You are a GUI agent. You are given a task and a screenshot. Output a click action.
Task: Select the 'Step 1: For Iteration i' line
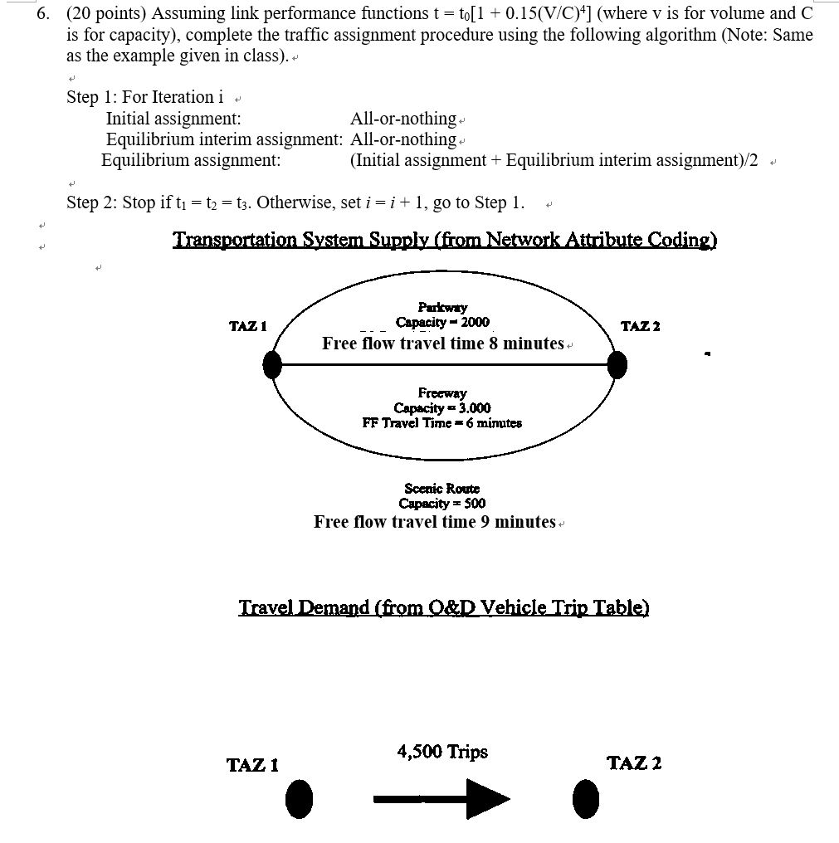click(145, 97)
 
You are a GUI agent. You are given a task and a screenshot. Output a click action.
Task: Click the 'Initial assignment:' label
click(173, 119)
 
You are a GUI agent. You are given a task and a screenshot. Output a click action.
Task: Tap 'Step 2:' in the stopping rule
click(93, 202)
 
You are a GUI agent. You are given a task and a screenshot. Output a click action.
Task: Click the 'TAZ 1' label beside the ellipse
click(247, 326)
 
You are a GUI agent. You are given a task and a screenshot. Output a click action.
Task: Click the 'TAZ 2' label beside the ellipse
click(640, 326)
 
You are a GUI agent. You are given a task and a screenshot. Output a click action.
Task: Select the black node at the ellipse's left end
click(272, 364)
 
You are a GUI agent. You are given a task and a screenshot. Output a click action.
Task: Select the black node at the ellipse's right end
click(617, 364)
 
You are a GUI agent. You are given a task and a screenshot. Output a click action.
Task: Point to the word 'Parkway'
click(442, 307)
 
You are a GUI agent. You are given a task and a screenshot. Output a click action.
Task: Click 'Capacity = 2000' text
click(442, 322)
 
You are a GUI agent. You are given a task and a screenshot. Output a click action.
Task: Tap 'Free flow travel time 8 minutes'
click(442, 344)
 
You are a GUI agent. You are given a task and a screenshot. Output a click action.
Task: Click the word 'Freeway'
click(442, 392)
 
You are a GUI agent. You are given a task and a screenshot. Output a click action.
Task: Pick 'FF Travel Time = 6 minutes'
click(442, 422)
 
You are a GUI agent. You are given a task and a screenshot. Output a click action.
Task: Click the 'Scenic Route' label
click(442, 488)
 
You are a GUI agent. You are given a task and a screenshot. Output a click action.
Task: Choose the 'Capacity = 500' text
click(442, 503)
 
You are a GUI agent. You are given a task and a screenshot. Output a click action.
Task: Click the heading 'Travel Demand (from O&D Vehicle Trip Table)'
click(443, 607)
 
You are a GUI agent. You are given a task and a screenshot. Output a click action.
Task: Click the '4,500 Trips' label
click(442, 752)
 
